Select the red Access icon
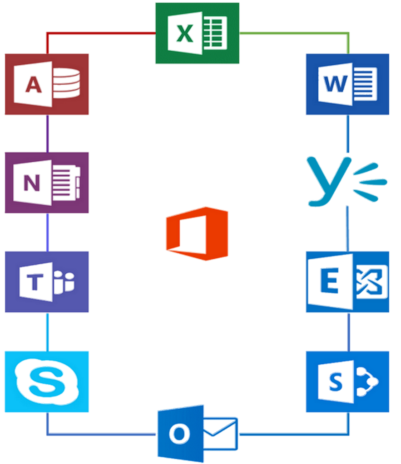pos(47,84)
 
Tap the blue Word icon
pos(347,84)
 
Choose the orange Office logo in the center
pos(197,234)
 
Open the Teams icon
pos(47,282)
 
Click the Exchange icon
pos(347,282)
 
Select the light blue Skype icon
pos(47,382)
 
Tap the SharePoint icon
pos(347,382)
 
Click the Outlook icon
pos(197,433)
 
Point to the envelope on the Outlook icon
pos(221,433)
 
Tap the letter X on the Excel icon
pos(184,34)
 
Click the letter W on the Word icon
pos(335,84)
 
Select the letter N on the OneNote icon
pos(31,183)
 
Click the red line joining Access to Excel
pos(100,33)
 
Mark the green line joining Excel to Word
pos(295,33)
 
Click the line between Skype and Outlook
pos(100,434)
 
